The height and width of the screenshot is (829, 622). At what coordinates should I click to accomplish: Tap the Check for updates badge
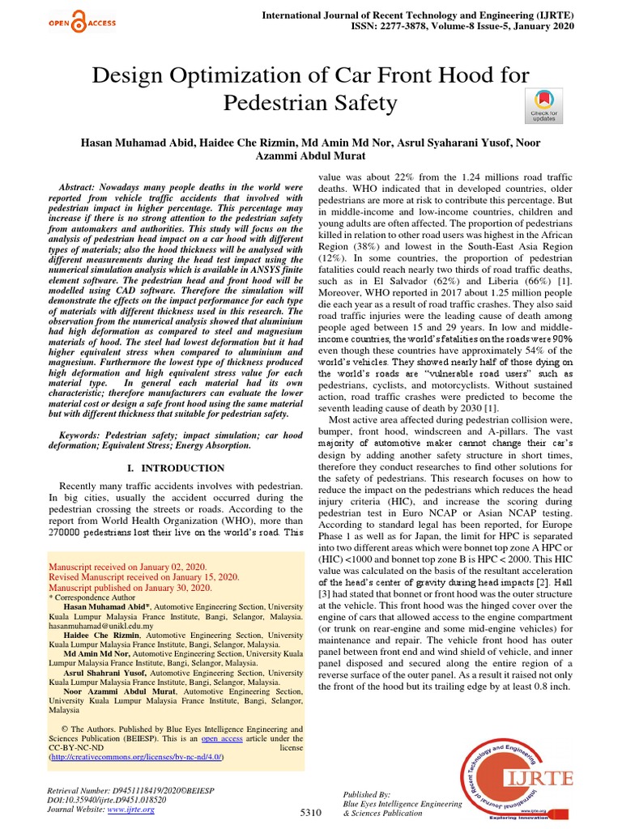click(x=543, y=107)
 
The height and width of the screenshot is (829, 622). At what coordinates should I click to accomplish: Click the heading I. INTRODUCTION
click(x=177, y=468)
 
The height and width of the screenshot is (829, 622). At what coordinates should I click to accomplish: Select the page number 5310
click(x=311, y=811)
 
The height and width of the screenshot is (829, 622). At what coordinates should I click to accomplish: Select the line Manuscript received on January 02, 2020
click(x=128, y=567)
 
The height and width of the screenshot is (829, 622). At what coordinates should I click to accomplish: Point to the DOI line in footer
click(x=108, y=797)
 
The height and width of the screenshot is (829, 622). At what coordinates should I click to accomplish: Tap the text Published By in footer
click(x=368, y=795)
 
